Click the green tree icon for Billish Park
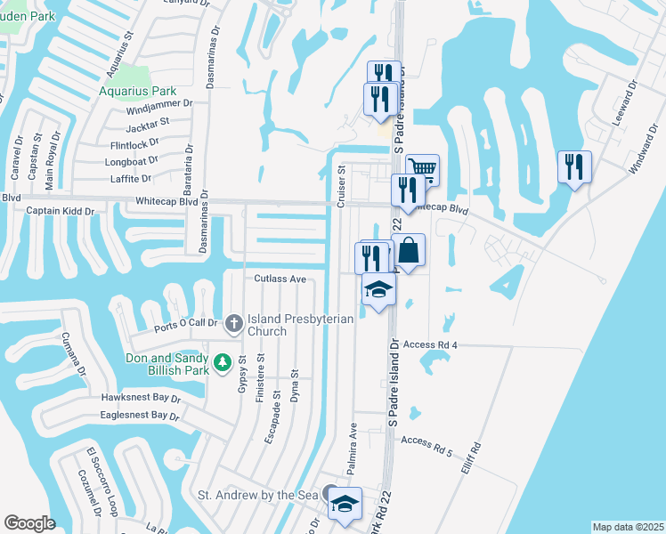pyautogui.click(x=225, y=362)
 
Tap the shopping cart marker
pyautogui.click(x=423, y=168)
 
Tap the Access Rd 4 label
pyautogui.click(x=429, y=344)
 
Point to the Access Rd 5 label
pyautogui.click(x=428, y=441)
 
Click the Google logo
pyautogui.click(x=30, y=523)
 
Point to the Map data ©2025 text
pyautogui.click(x=627, y=527)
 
